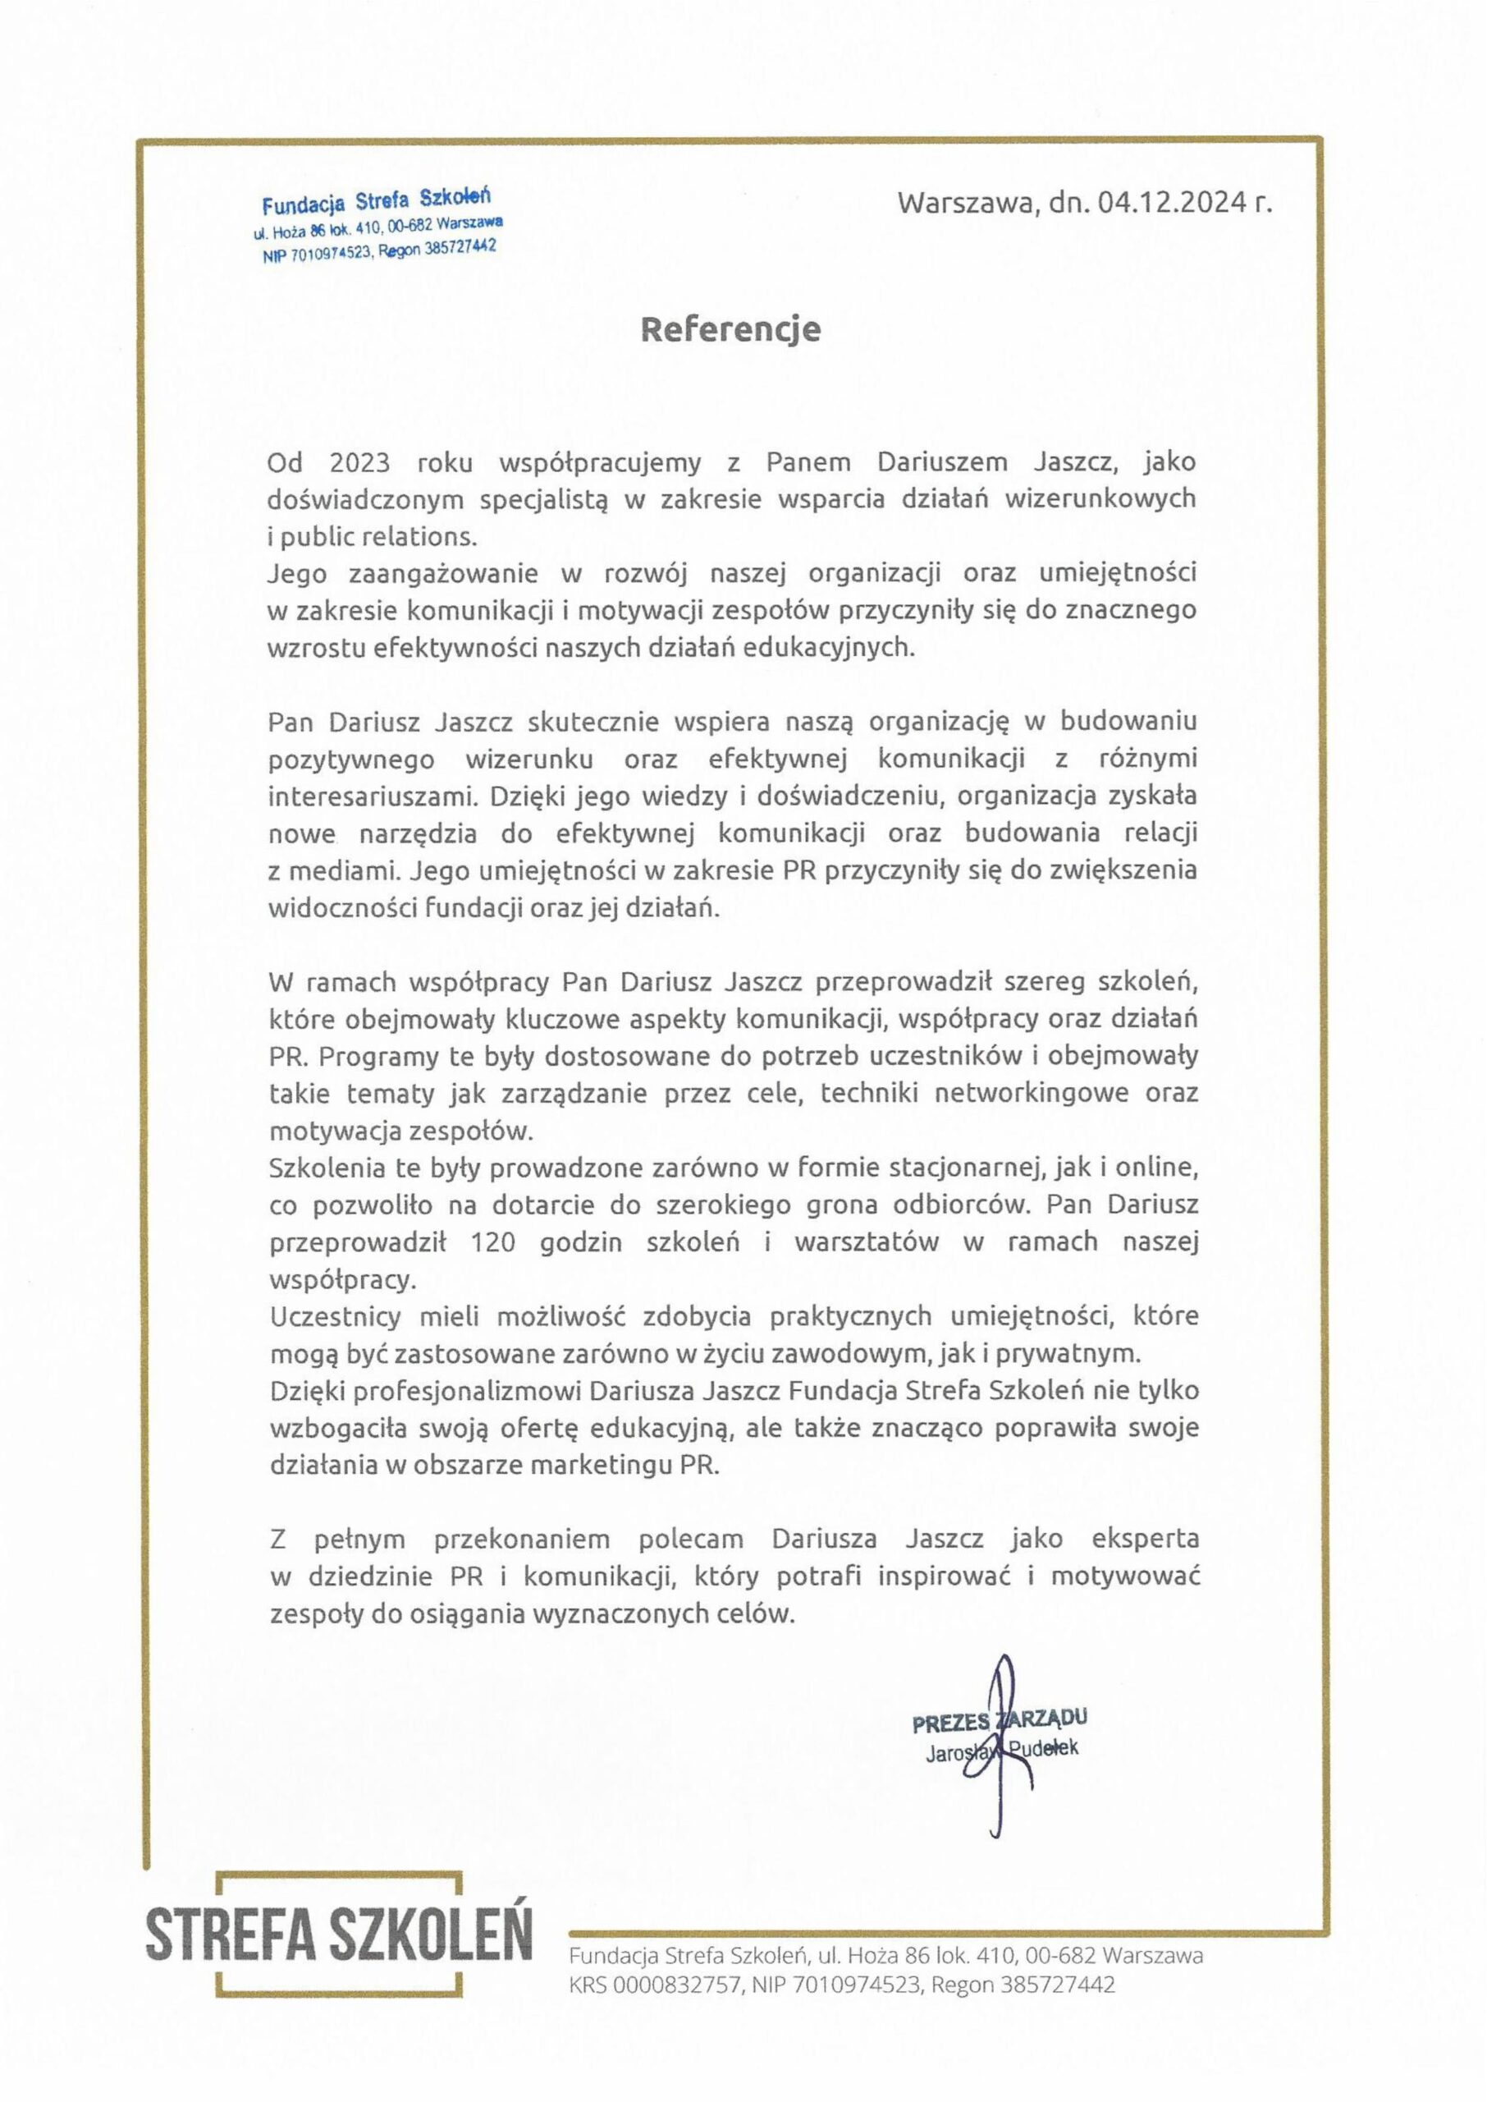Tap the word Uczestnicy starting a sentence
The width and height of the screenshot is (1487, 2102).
(x=335, y=1317)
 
